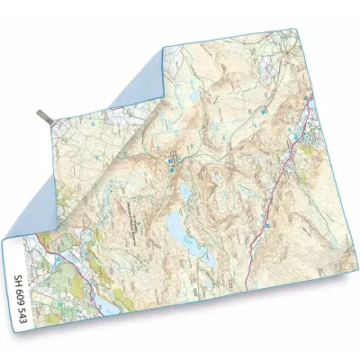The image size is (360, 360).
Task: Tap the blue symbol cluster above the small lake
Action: tap(170, 162)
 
